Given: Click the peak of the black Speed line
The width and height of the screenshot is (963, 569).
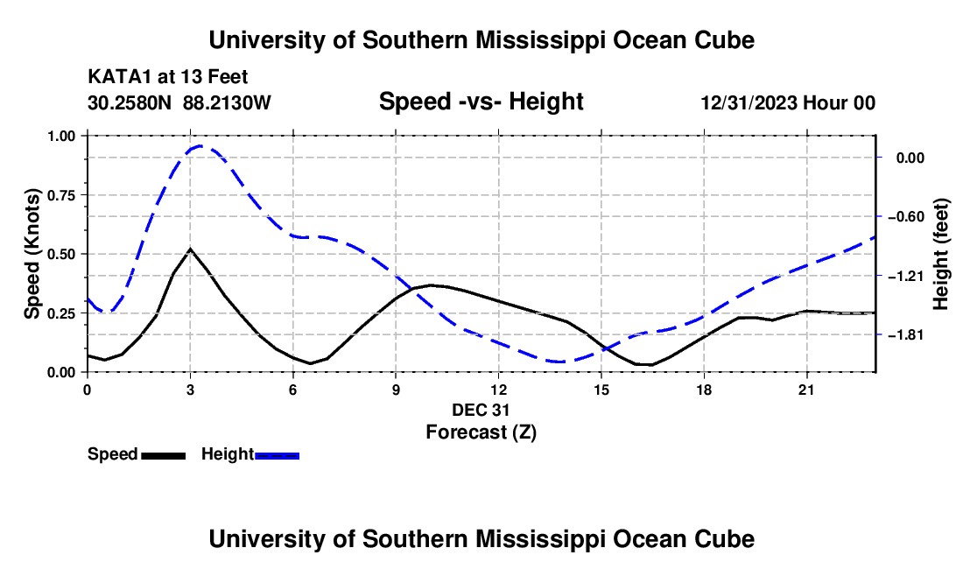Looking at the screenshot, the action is pyautogui.click(x=190, y=249).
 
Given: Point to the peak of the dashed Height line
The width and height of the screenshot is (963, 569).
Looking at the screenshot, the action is pyautogui.click(x=200, y=146).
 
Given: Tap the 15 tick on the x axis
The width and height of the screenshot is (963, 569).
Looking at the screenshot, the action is pyautogui.click(x=601, y=390).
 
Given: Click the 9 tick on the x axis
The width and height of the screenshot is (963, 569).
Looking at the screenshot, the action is pyautogui.click(x=396, y=390).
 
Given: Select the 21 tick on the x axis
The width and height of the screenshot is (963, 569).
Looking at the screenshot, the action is pyautogui.click(x=806, y=390).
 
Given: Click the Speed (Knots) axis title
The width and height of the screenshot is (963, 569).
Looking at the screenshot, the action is pyautogui.click(x=32, y=254).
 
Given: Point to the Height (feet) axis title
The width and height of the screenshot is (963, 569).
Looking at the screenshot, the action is pyautogui.click(x=940, y=254).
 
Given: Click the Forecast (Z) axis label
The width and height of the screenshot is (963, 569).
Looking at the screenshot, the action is pyautogui.click(x=481, y=432).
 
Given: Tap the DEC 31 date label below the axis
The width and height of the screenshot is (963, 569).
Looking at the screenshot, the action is pyautogui.click(x=481, y=410).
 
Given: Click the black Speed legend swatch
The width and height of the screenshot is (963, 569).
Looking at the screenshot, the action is pyautogui.click(x=164, y=455).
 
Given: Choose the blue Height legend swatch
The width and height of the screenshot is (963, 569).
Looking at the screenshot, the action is pyautogui.click(x=277, y=455).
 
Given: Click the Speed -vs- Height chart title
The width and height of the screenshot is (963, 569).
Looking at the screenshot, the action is pyautogui.click(x=481, y=102).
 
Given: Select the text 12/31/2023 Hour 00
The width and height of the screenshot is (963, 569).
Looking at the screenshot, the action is pyautogui.click(x=788, y=102).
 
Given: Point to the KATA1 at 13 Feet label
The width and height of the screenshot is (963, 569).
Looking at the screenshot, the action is pyautogui.click(x=168, y=77).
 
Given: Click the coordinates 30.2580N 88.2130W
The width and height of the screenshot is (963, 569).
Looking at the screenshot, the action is pyautogui.click(x=179, y=102).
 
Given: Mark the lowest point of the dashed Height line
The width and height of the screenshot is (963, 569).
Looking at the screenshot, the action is pyautogui.click(x=559, y=362).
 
